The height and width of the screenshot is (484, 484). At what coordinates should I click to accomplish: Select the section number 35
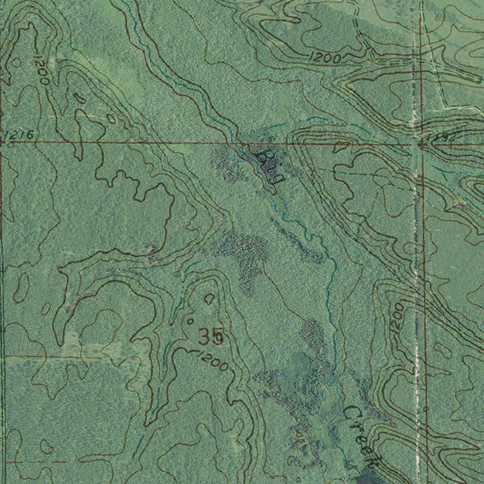point(211,337)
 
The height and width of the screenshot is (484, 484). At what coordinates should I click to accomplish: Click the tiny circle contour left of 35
point(190,321)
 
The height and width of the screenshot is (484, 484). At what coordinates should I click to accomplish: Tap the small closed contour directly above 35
point(209,298)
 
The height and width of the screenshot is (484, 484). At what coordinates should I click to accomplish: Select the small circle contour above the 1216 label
point(17,62)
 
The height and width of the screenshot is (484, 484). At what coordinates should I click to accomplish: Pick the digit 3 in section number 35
point(205,337)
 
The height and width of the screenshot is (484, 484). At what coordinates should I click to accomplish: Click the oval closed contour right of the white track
point(443,349)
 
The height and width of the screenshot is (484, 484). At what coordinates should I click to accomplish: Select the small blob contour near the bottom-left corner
point(46,446)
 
